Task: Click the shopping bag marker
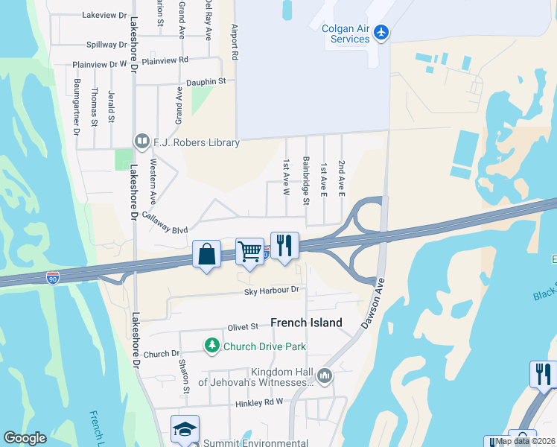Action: tap(206, 254)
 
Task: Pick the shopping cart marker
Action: tap(249, 251)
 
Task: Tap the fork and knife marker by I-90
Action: tap(284, 245)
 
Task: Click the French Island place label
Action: tap(306, 323)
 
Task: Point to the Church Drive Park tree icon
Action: tap(212, 346)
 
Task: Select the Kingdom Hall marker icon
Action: tap(324, 375)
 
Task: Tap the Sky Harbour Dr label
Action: tap(272, 289)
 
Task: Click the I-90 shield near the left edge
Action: tap(53, 279)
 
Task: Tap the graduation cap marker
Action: tap(185, 429)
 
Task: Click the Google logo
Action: tap(25, 438)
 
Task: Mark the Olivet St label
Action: tap(243, 326)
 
